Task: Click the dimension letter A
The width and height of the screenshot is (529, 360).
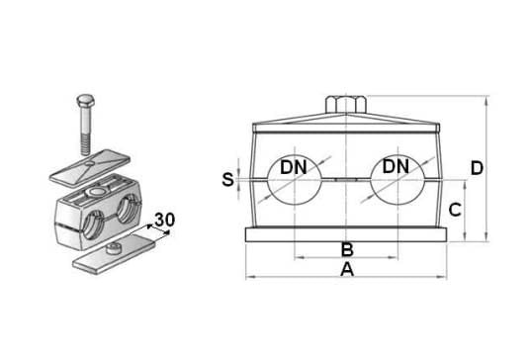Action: (x=347, y=270)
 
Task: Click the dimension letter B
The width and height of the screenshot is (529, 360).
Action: (x=347, y=249)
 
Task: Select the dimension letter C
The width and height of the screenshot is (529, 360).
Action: (x=455, y=210)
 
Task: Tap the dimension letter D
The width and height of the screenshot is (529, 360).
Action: (x=477, y=168)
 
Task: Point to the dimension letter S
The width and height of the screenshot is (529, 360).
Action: (x=227, y=179)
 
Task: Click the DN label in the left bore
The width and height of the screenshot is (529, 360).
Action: (x=294, y=167)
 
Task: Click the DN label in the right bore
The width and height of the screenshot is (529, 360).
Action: (x=396, y=167)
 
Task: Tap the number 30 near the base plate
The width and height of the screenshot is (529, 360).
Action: (x=165, y=220)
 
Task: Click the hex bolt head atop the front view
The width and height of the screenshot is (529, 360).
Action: (x=346, y=104)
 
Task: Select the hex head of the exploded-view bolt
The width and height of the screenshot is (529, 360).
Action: (x=86, y=100)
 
